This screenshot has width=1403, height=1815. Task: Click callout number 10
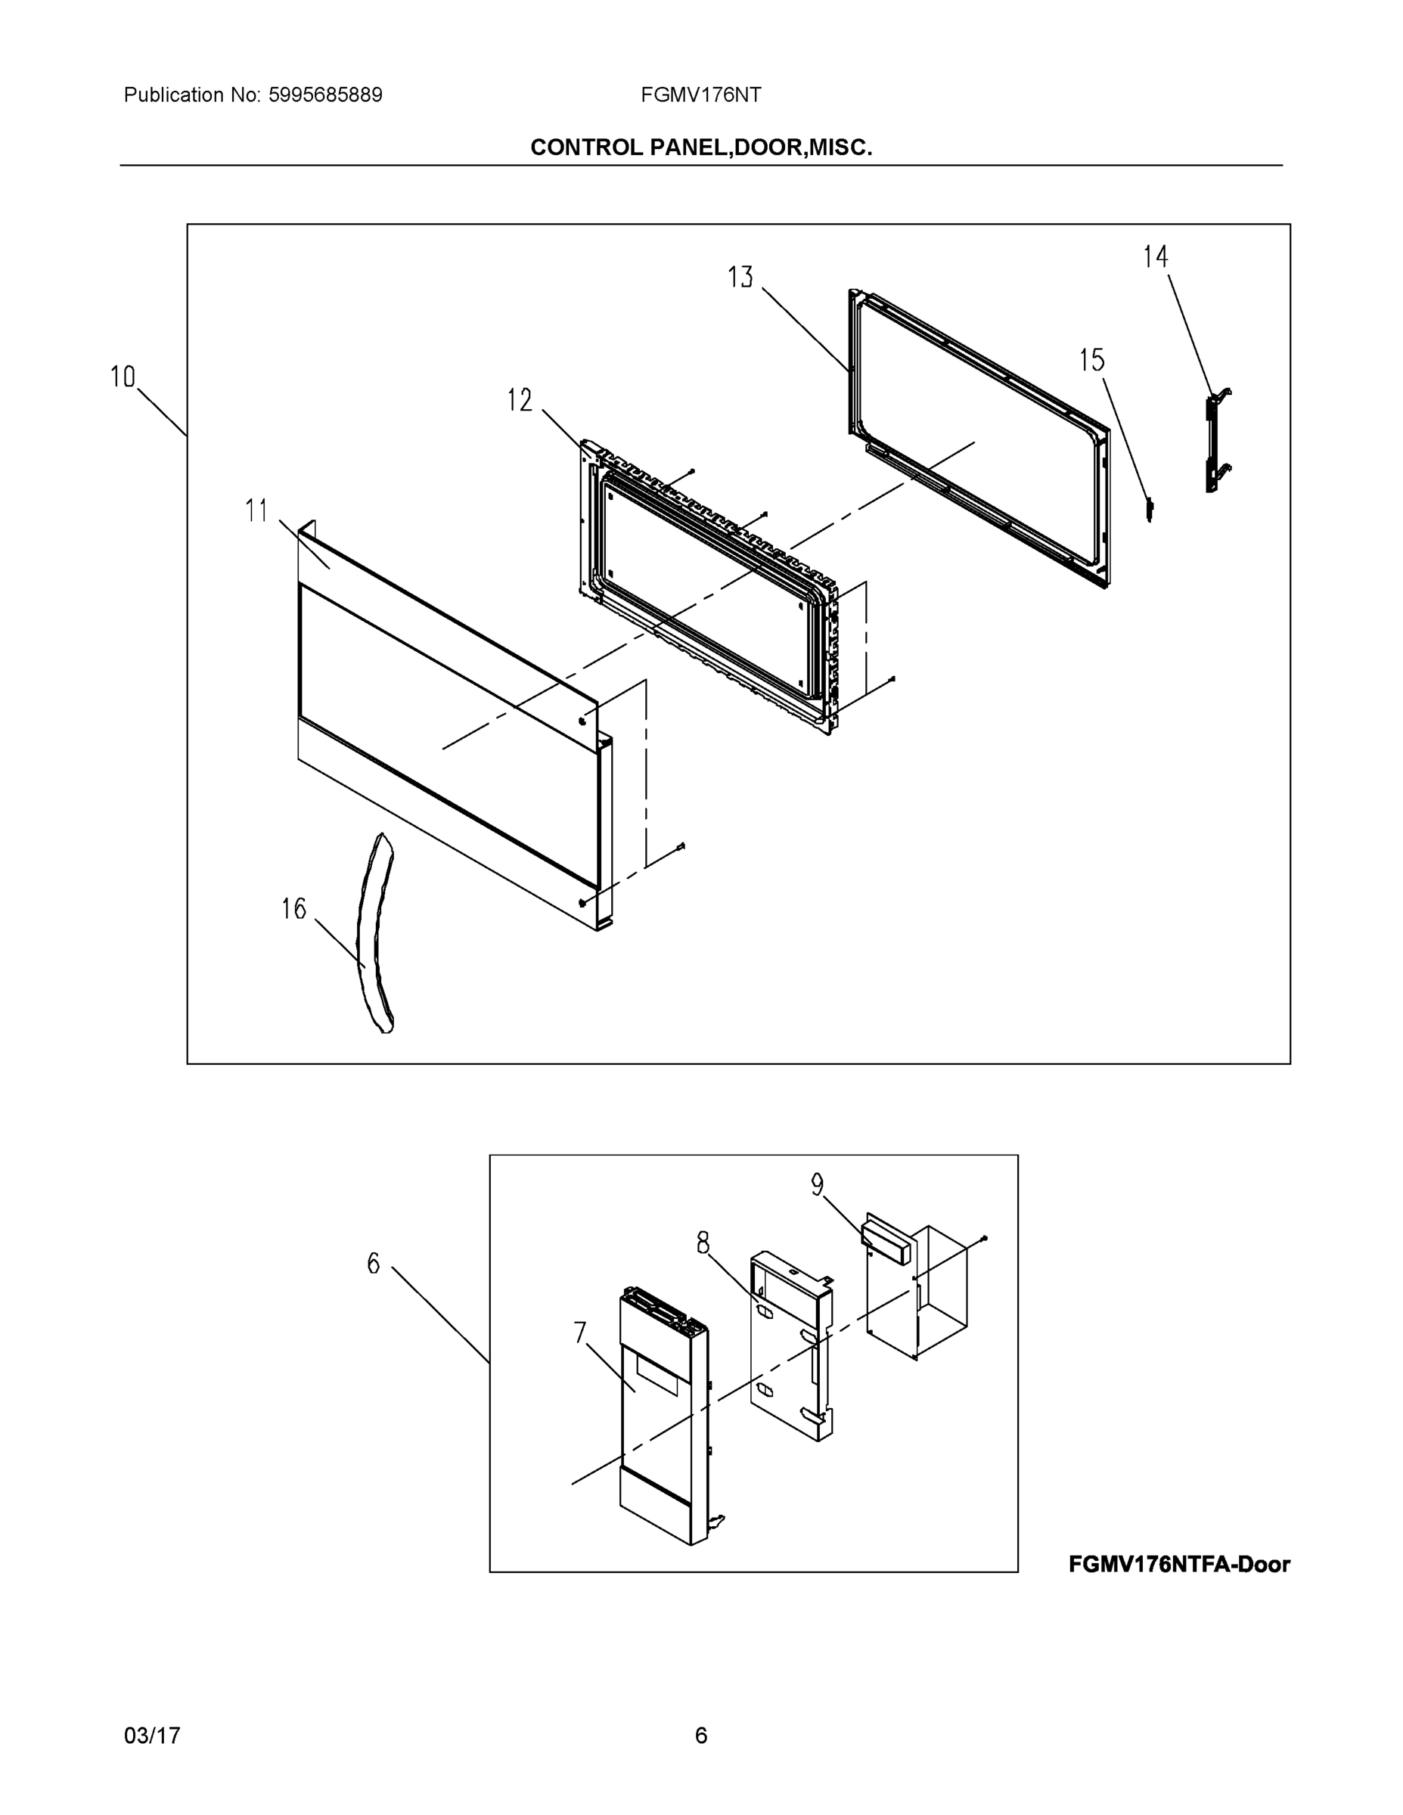[123, 377]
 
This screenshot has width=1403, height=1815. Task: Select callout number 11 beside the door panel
[257, 510]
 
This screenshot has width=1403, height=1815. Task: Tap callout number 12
[520, 401]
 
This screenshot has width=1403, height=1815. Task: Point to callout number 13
[740, 277]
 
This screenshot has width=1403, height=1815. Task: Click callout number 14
[1156, 257]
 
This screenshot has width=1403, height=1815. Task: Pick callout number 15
[1091, 360]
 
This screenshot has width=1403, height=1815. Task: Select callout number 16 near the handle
[293, 909]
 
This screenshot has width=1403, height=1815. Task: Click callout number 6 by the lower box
[373, 1264]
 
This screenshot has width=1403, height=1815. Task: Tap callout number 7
[580, 1333]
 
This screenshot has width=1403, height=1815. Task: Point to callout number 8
[703, 1244]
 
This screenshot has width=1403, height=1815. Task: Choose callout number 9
[817, 1185]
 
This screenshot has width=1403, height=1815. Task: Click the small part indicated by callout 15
[1150, 509]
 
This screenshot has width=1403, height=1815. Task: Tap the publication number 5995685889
[325, 95]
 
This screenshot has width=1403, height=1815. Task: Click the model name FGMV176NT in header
[700, 95]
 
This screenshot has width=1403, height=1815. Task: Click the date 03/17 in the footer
[152, 1736]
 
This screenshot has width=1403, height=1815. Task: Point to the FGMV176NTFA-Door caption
[1178, 1565]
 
